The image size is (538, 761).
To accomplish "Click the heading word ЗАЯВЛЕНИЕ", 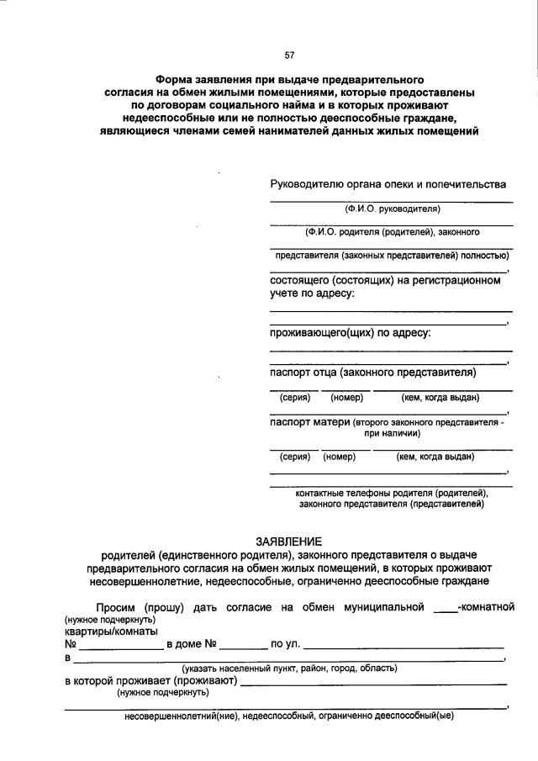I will tap(289, 541).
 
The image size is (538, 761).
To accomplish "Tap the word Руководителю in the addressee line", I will tap(308, 184).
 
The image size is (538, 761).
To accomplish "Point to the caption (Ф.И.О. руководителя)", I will tap(392, 209).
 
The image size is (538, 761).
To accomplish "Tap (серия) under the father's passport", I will tap(295, 397).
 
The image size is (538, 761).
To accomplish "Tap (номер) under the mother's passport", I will tap(340, 457).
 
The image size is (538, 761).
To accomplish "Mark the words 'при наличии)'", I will tap(392, 434).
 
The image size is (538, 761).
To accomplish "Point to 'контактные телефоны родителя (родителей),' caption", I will tap(392, 493).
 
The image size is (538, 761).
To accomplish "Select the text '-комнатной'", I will tap(485, 607).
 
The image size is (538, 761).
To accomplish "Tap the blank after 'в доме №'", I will tap(244, 646).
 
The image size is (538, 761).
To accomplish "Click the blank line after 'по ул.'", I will tap(403, 646).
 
